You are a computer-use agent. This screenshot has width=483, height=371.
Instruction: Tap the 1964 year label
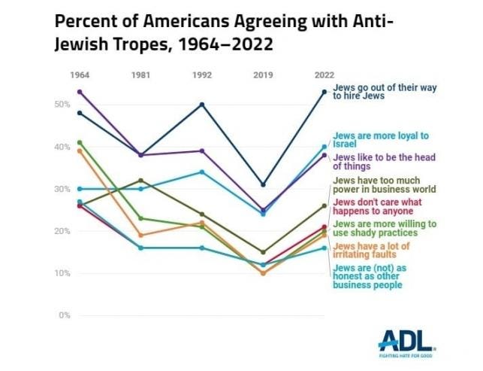click(79, 74)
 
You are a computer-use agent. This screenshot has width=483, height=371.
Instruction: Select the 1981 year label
click(140, 74)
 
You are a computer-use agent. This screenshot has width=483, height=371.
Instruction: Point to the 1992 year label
click(201, 74)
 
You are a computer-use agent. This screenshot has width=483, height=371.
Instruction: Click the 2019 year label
click(263, 74)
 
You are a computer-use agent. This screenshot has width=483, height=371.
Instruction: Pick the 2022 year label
click(324, 74)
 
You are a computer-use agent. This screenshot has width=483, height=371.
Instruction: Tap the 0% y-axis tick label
click(62, 315)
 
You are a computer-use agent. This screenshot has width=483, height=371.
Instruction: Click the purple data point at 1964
click(80, 92)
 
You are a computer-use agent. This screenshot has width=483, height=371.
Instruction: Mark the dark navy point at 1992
click(202, 105)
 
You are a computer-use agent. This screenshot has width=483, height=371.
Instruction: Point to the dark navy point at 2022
click(325, 92)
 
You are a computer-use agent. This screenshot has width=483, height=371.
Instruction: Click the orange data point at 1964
click(80, 151)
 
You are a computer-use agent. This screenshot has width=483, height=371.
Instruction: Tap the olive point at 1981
click(140, 181)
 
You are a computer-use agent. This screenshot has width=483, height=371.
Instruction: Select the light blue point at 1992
click(202, 172)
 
